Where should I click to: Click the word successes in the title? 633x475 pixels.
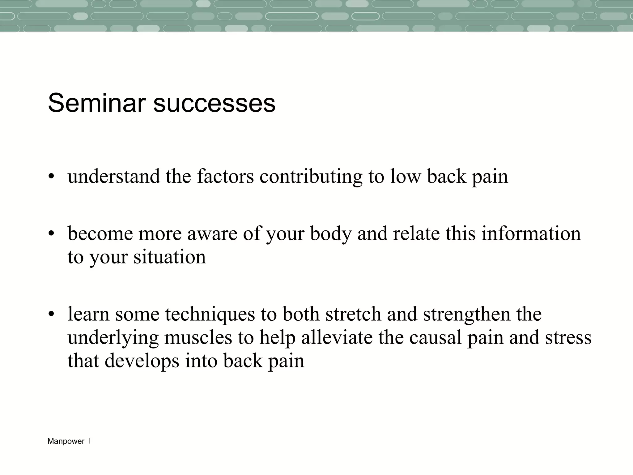point(214,103)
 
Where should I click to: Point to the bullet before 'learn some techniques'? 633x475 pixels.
point(51,315)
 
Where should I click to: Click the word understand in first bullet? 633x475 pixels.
point(114,177)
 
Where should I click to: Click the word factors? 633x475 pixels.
point(225,177)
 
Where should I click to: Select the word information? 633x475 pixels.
point(531,233)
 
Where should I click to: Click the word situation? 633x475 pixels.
point(169,257)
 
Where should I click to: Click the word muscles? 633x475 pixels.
point(198,337)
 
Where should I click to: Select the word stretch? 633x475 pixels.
point(353,314)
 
